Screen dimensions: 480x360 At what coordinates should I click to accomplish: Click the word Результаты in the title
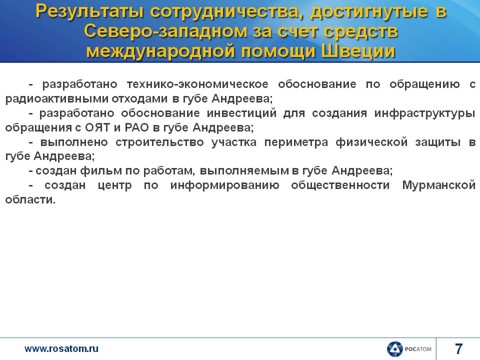click(x=89, y=12)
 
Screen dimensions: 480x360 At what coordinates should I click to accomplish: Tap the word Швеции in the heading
click(x=358, y=51)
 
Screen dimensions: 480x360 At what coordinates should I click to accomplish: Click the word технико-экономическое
click(x=197, y=84)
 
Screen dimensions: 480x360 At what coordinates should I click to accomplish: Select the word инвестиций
click(x=241, y=113)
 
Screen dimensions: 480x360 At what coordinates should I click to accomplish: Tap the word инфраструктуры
click(x=424, y=113)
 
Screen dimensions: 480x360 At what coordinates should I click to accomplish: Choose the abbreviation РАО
click(x=137, y=127)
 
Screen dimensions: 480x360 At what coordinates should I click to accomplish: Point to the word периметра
click(x=296, y=142)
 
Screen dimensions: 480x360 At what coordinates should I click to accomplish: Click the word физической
click(x=371, y=142)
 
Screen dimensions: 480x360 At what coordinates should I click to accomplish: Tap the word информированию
click(x=224, y=185)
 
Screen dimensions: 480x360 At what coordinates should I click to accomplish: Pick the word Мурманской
click(x=438, y=185)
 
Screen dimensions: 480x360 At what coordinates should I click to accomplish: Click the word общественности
click(x=340, y=185)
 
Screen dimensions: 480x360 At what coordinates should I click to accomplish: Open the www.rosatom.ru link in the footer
click(x=61, y=348)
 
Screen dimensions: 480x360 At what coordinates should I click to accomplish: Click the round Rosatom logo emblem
click(x=394, y=349)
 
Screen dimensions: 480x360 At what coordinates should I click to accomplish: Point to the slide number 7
click(x=458, y=348)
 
